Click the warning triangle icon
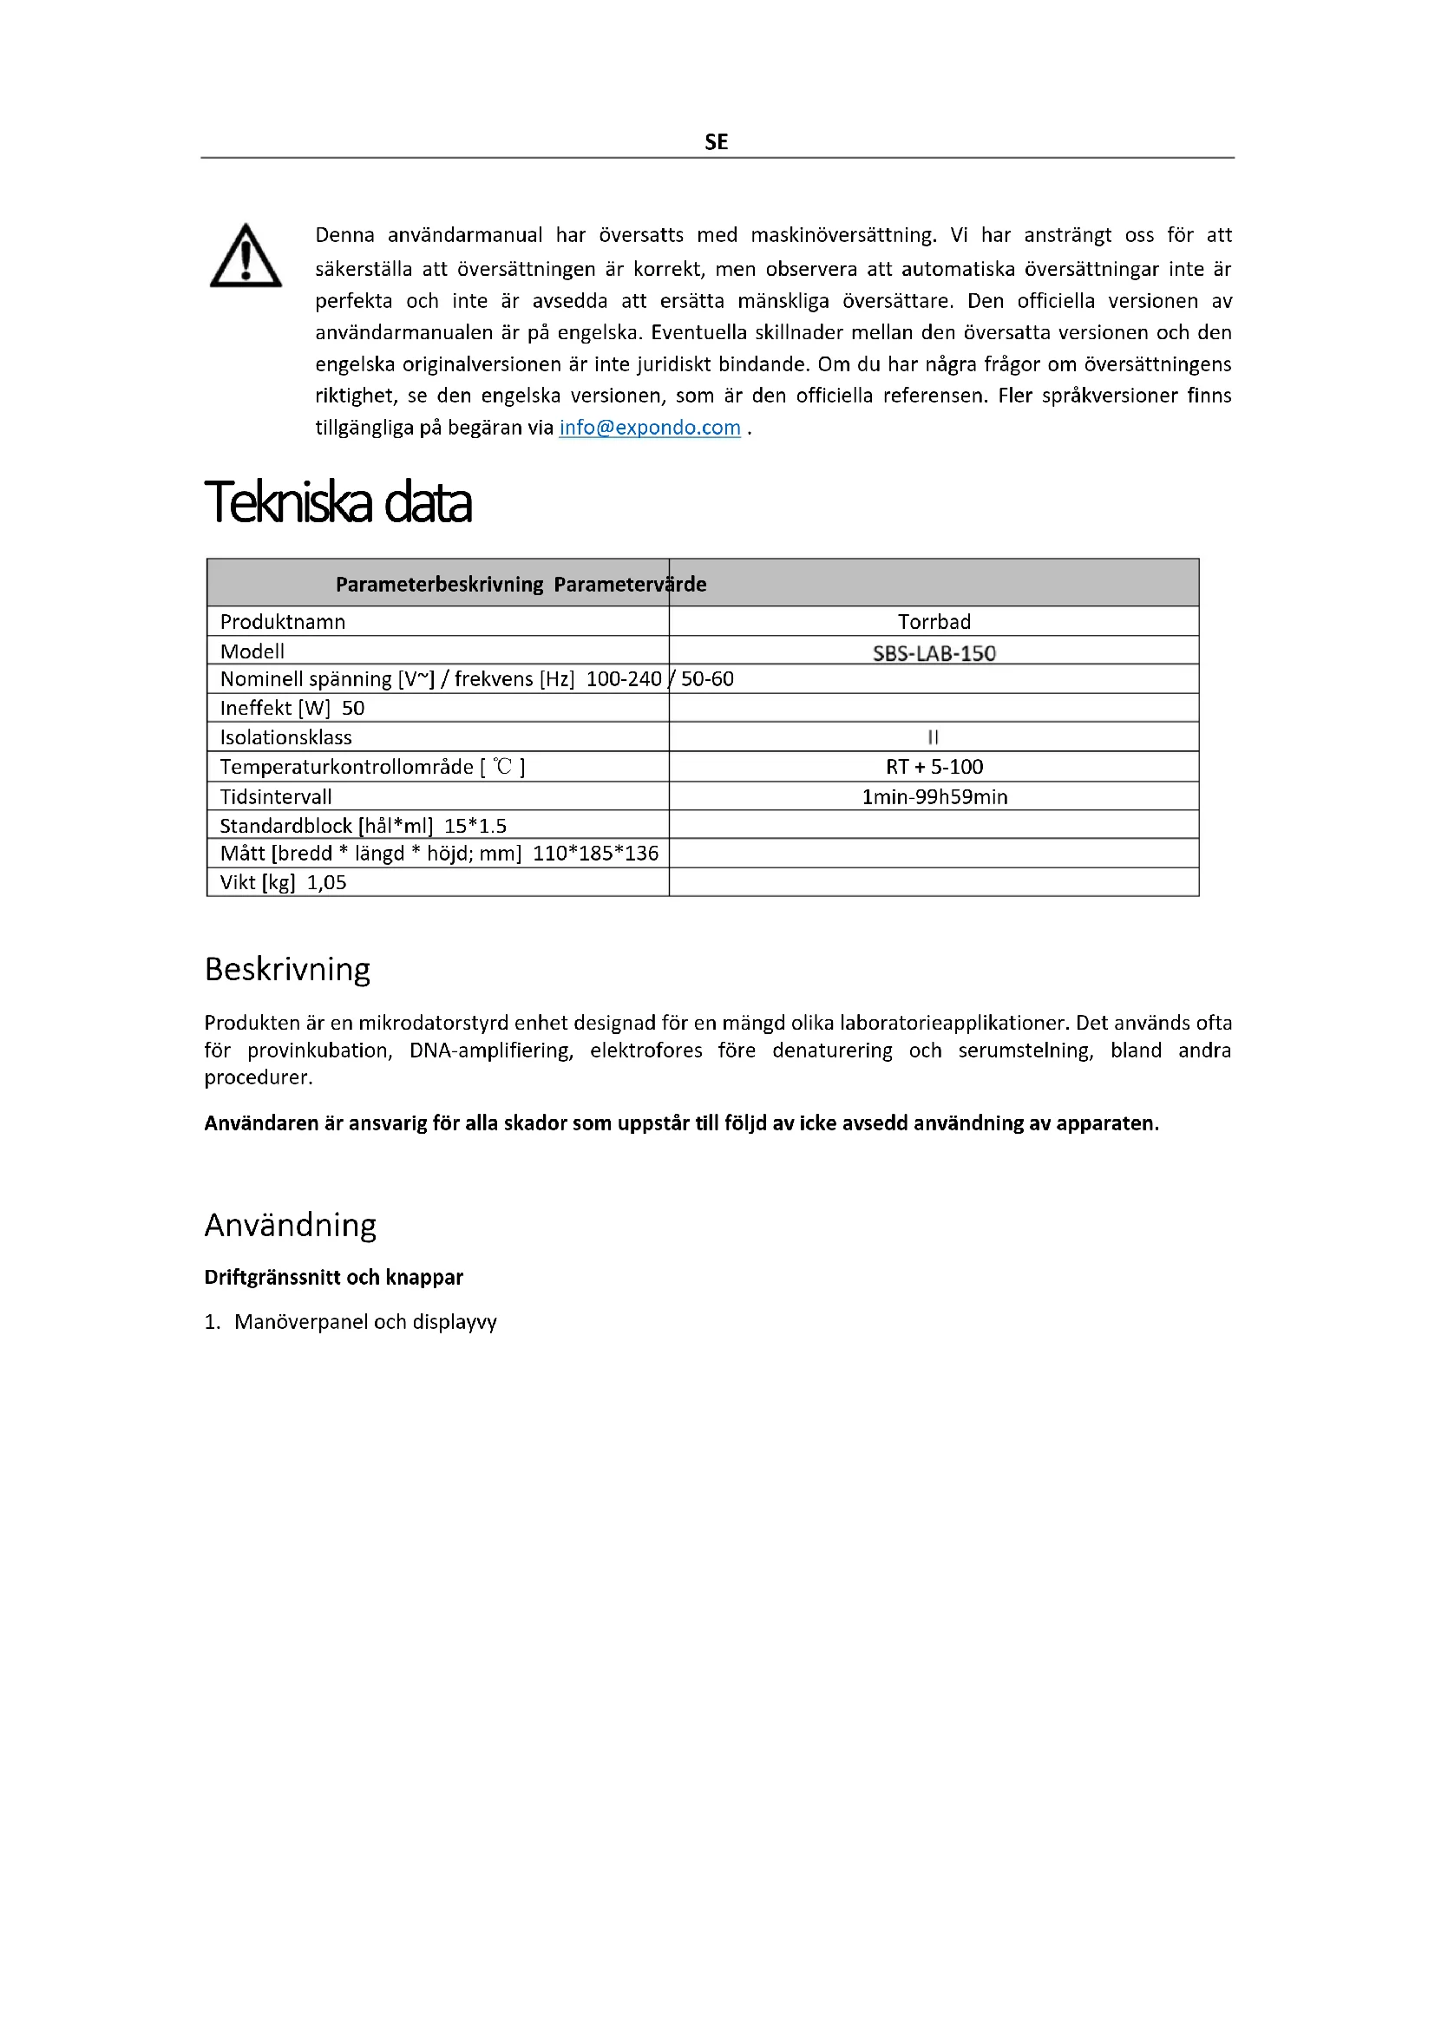pos(246,256)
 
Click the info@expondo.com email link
pos(650,428)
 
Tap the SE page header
pos(717,142)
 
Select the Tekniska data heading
pos(337,503)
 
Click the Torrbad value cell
pos(934,621)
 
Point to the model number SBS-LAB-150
pos(934,653)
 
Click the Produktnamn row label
pos(283,621)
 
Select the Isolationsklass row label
pos(285,737)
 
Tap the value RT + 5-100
pos(934,767)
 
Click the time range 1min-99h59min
pos(934,797)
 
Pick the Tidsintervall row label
pos(276,797)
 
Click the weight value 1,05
pos(327,882)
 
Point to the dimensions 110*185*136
pos(595,853)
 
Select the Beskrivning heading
pos(287,970)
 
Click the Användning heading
pos(290,1226)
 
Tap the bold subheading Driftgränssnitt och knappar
pos(333,1277)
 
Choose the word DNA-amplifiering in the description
pos(490,1050)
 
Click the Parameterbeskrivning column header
pos(439,584)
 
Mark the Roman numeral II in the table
pos(934,737)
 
